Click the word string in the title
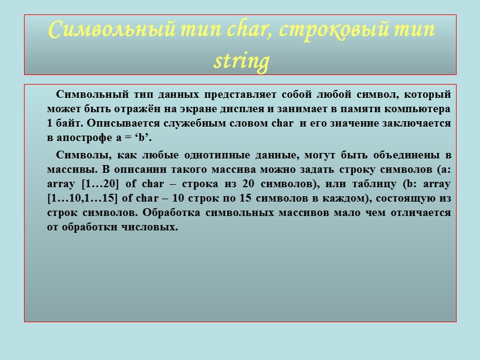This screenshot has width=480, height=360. coord(240,61)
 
